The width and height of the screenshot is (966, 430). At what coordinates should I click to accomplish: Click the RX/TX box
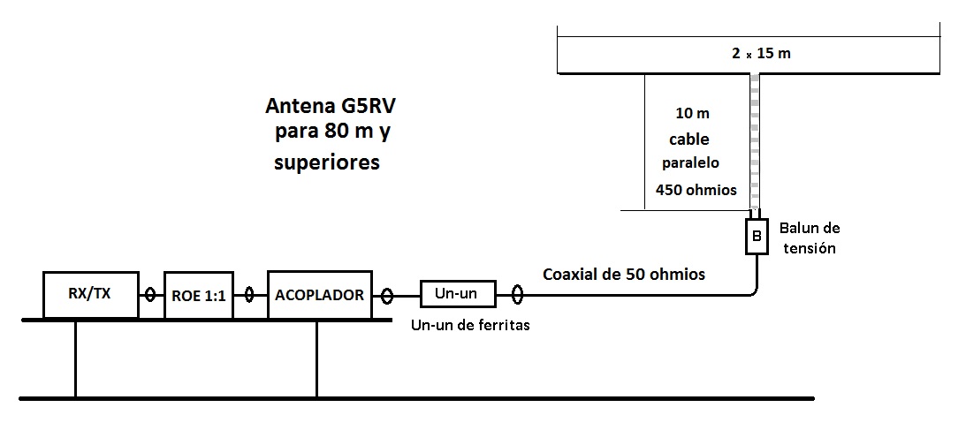(x=91, y=294)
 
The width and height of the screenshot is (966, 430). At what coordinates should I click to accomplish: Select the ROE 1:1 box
(x=199, y=295)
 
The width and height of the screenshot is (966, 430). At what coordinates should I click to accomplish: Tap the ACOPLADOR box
(x=319, y=294)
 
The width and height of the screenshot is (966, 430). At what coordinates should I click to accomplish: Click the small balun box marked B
(x=756, y=236)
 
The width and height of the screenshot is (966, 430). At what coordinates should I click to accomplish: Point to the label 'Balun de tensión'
(x=809, y=238)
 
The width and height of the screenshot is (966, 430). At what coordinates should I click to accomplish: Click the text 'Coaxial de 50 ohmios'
(x=624, y=274)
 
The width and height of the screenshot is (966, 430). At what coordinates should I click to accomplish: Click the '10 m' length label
(x=691, y=114)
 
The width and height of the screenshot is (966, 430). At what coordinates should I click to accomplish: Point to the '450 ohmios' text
(x=696, y=189)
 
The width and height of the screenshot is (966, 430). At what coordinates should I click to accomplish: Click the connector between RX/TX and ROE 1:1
(x=151, y=295)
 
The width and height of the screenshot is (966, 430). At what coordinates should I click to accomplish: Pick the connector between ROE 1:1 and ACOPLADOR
(x=251, y=295)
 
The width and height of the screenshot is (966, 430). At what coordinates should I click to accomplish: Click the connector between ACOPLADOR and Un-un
(x=386, y=295)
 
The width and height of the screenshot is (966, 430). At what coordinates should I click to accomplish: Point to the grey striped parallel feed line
(x=756, y=141)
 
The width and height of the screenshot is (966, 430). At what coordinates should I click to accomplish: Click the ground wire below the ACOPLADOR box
(x=316, y=358)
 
